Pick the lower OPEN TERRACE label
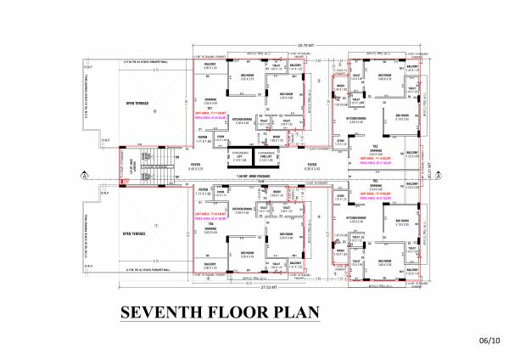click(x=137, y=233)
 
